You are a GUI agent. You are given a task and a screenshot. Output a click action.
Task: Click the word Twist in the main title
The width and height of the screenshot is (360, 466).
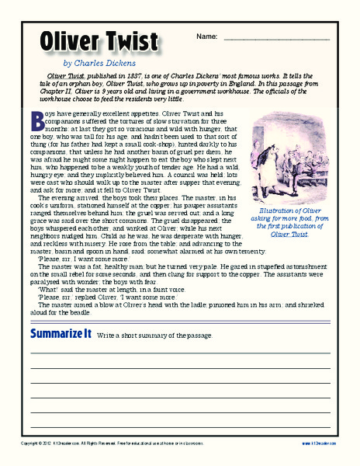click(x=134, y=42)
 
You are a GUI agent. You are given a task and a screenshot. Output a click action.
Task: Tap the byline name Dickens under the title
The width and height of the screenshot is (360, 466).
click(x=118, y=63)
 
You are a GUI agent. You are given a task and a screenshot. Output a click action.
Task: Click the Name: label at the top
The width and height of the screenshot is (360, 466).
click(x=206, y=37)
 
